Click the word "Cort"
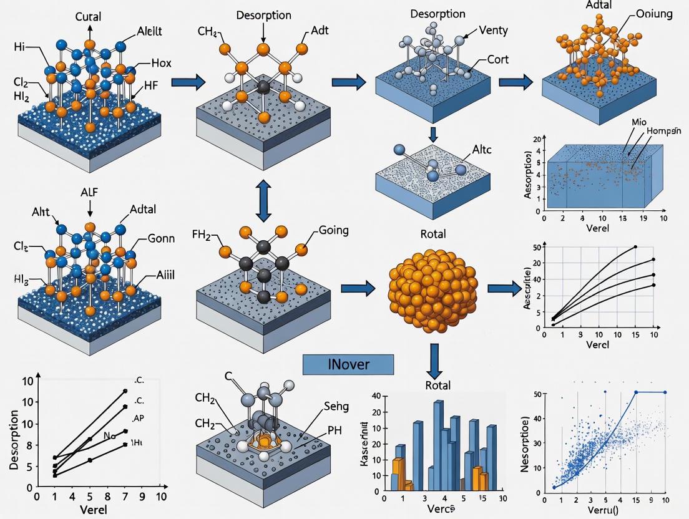(497, 60)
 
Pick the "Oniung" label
(654, 14)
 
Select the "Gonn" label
(162, 238)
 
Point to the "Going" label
(333, 231)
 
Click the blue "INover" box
(348, 365)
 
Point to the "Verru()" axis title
(603, 510)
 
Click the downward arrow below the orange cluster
(437, 358)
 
